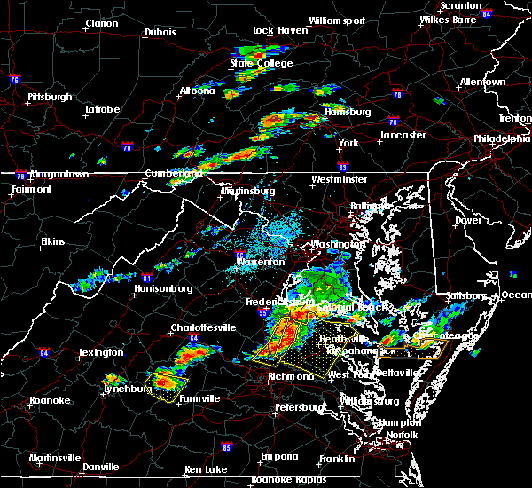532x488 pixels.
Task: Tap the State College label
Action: [254, 63]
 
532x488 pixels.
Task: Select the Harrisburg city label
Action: [347, 113]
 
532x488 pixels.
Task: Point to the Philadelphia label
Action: [501, 138]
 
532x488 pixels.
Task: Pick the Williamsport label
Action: [336, 20]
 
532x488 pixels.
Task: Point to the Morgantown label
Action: [59, 174]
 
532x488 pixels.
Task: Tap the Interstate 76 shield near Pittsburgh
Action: [15, 80]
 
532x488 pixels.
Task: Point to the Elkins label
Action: [53, 241]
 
